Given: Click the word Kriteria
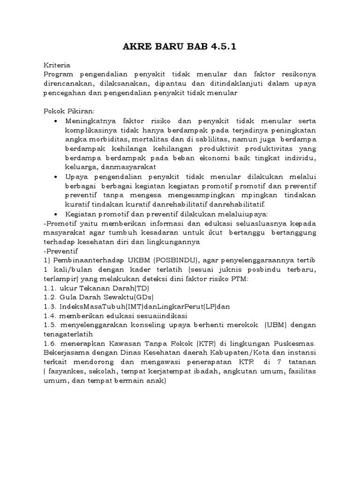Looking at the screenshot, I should [56, 66].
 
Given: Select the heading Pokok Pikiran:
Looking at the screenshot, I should [69, 111].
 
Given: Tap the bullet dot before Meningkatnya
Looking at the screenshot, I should [56, 120].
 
